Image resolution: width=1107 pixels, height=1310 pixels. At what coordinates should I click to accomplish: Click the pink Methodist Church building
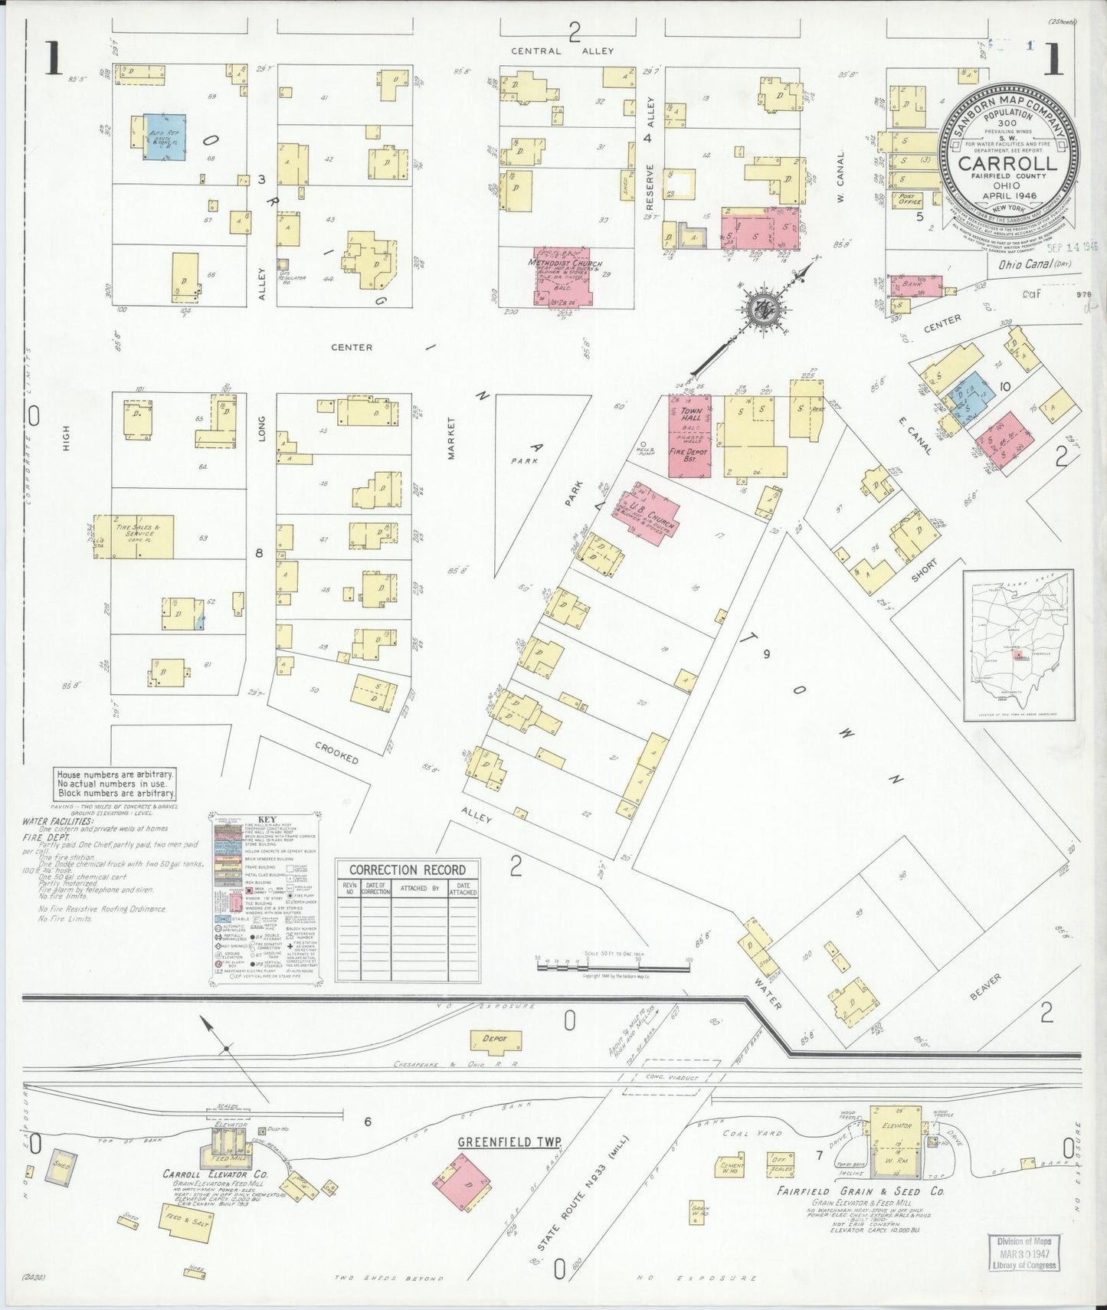coord(562,277)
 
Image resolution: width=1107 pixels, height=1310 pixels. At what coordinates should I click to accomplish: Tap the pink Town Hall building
coord(690,435)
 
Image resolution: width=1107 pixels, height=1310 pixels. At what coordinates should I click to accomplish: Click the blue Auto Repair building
coord(165,138)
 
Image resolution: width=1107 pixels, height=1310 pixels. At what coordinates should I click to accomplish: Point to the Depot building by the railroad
coord(495,1040)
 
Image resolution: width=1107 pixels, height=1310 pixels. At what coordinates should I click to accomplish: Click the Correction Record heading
coord(408,870)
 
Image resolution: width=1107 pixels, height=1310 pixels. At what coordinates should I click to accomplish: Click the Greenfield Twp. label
coord(509,1142)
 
